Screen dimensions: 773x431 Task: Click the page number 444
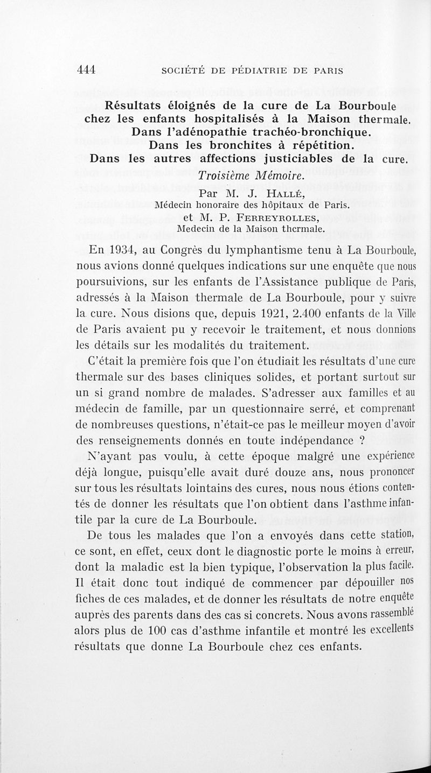point(86,69)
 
